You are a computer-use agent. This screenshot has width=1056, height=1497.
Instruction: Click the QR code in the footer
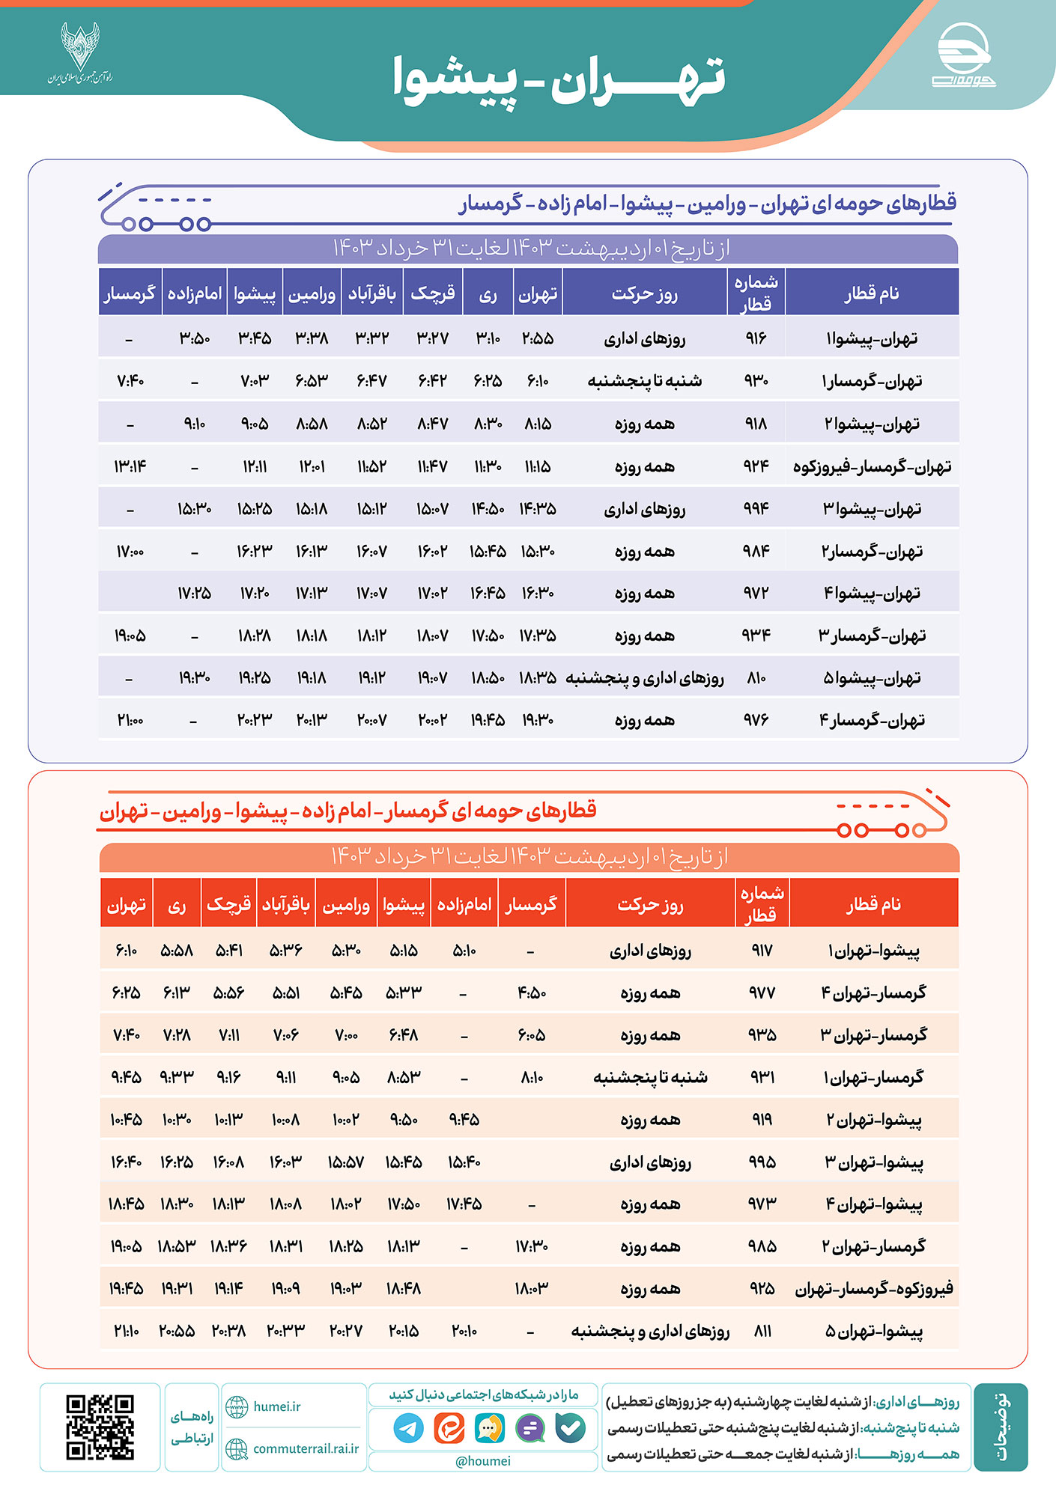(x=100, y=1427)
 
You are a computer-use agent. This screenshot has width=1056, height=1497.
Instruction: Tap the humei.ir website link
(x=276, y=1406)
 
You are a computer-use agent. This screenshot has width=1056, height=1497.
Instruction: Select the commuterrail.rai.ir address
(x=305, y=1448)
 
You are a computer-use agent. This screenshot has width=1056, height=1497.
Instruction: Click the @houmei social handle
(x=483, y=1460)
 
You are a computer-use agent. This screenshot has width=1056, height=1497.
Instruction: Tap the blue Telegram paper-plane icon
(x=408, y=1428)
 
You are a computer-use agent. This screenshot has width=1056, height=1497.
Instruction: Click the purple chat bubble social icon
(x=530, y=1428)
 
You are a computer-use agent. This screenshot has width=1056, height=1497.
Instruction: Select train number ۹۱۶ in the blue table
(x=756, y=338)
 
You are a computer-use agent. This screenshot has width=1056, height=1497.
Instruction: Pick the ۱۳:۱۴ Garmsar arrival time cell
(x=130, y=466)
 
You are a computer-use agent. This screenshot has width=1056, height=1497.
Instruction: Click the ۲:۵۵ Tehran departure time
(x=538, y=338)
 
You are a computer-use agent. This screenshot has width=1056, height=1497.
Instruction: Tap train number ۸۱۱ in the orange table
(x=762, y=1331)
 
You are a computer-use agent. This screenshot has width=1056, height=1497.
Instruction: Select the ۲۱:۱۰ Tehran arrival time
(x=126, y=1331)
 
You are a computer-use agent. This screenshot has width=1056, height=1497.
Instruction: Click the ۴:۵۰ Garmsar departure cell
(x=531, y=993)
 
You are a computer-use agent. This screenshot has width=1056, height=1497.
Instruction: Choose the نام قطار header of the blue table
(x=872, y=293)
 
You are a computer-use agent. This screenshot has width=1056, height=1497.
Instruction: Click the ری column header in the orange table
(x=177, y=905)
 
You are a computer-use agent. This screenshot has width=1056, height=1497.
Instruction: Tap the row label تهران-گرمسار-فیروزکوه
(x=872, y=466)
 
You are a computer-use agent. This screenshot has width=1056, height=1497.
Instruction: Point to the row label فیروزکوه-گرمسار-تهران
(x=873, y=1288)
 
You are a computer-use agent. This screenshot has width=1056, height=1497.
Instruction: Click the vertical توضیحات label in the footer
(x=1001, y=1427)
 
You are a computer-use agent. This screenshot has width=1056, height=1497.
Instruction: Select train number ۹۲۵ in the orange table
(x=762, y=1288)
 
